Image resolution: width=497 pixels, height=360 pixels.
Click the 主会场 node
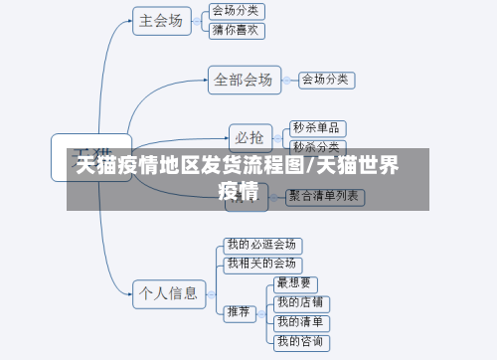[162, 21]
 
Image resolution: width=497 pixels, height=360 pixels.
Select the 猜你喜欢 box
[238, 31]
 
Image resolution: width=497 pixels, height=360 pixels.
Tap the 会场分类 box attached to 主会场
[238, 11]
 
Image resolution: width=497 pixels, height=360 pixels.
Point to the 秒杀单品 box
[318, 127]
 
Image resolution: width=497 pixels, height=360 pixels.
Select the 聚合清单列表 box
[324, 197]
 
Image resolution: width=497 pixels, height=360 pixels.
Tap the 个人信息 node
[168, 292]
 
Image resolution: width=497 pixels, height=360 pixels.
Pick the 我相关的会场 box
[261, 264]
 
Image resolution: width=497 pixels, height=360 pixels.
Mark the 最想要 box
[295, 283]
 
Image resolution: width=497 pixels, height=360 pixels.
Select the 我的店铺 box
[302, 302]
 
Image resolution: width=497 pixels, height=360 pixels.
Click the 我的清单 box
[302, 321]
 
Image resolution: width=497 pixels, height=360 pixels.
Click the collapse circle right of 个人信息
[210, 292]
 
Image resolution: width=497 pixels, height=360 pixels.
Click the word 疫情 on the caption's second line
[240, 191]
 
